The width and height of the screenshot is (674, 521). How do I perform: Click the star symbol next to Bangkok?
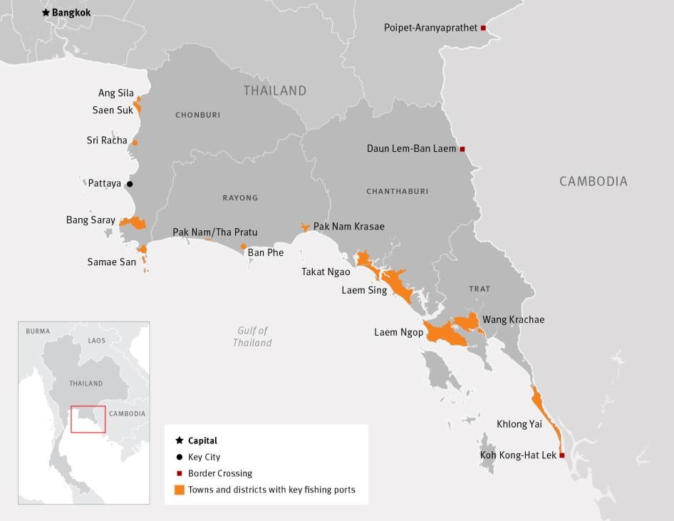(46, 13)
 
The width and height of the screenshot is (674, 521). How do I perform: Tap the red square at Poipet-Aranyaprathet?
(483, 28)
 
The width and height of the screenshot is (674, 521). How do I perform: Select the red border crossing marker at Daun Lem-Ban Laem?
(462, 149)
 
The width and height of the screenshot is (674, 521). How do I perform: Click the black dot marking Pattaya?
(130, 184)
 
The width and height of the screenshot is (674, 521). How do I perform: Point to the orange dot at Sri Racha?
(135, 143)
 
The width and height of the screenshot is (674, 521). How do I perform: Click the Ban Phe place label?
(266, 253)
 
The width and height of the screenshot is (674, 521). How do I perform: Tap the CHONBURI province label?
(197, 115)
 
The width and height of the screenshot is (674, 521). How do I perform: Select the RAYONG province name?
(240, 197)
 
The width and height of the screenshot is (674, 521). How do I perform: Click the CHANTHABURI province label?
(397, 191)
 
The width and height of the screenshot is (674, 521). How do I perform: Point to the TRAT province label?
(479, 289)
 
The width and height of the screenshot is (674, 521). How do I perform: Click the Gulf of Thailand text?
(252, 336)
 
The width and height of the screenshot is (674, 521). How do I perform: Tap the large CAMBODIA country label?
(593, 181)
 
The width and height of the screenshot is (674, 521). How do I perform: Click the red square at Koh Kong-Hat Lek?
(562, 455)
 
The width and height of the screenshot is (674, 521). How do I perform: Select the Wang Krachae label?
(513, 319)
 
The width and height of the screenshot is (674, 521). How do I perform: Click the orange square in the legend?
(180, 490)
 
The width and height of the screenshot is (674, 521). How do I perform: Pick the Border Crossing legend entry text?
(219, 473)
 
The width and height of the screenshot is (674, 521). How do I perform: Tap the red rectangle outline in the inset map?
(88, 419)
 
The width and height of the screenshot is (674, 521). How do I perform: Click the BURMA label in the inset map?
(38, 331)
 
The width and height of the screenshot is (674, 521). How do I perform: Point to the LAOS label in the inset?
(96, 341)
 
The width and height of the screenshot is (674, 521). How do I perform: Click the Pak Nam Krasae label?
(348, 227)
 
